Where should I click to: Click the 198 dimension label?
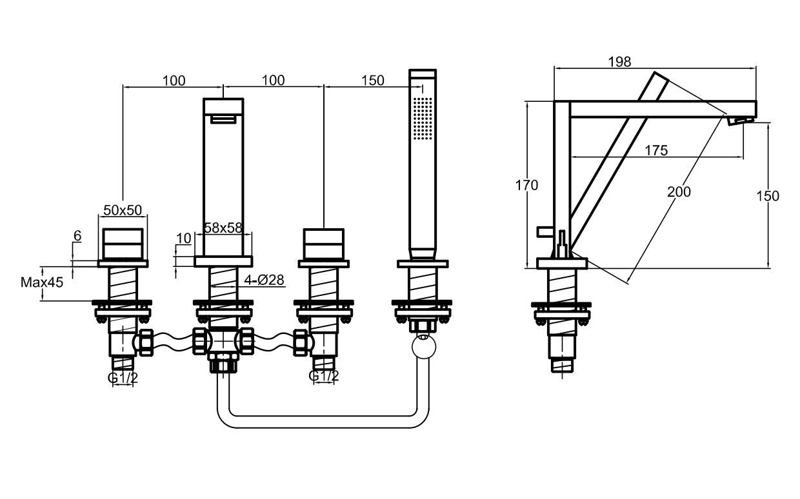pyautogui.click(x=619, y=61)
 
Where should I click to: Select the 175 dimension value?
pyautogui.click(x=655, y=150)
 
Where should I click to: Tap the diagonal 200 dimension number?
pyautogui.click(x=678, y=191)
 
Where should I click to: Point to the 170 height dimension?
pyautogui.click(x=526, y=186)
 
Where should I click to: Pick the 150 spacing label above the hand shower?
pyautogui.click(x=373, y=81)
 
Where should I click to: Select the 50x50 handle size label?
pyautogui.click(x=123, y=210)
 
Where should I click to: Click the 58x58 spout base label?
pyautogui.click(x=223, y=228)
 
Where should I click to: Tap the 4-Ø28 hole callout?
pyautogui.click(x=265, y=280)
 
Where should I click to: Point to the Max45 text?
pyautogui.click(x=42, y=282)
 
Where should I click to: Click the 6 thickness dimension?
pyautogui.click(x=77, y=236)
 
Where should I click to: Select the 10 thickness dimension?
pyautogui.click(x=183, y=239)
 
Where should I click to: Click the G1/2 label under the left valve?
pyautogui.click(x=123, y=378)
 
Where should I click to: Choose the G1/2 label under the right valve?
pyautogui.click(x=323, y=375)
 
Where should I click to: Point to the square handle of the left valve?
pyautogui.click(x=123, y=243)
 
